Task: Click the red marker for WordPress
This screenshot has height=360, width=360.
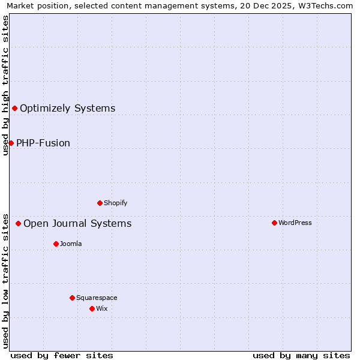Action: [x=274, y=223]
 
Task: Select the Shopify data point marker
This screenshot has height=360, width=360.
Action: [x=100, y=203]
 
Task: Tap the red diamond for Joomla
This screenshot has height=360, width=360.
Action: [x=56, y=244]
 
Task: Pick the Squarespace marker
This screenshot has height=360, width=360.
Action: [x=72, y=298]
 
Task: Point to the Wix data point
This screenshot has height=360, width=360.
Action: [x=92, y=308]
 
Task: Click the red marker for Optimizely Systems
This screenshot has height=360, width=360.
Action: [x=14, y=108]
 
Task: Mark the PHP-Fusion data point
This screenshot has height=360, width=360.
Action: [x=11, y=143]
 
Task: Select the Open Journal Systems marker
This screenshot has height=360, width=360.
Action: [x=18, y=223]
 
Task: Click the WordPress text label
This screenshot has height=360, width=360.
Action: [x=295, y=223]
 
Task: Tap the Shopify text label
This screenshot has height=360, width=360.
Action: [x=116, y=203]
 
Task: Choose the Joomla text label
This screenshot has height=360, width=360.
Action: [x=71, y=244]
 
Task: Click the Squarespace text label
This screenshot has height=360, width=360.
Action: [x=97, y=298]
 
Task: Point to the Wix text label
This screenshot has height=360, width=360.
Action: [x=102, y=308]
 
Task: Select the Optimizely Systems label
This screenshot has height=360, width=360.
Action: [x=68, y=108]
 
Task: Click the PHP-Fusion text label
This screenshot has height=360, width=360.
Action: [x=43, y=143]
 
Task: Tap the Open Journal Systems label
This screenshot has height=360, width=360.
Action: [x=77, y=223]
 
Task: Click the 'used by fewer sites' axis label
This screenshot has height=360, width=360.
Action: [x=62, y=355]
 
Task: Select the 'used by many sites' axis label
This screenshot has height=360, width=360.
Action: [x=301, y=355]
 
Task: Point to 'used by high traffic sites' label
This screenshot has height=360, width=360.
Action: [x=5, y=85]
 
